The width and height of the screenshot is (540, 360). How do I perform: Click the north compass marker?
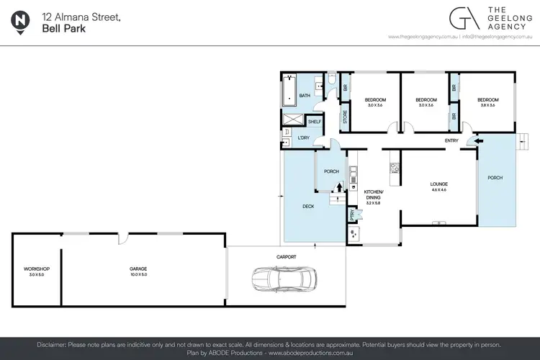point(21,22)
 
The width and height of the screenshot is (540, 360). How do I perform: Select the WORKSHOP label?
point(36,269)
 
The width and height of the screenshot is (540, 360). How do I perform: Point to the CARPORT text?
point(286,256)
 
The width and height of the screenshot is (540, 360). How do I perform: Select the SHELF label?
point(315,122)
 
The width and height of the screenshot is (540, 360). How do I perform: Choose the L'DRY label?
point(303,138)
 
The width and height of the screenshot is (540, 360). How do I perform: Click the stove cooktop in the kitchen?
point(395,168)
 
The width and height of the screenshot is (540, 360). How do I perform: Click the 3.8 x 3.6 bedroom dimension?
point(487,106)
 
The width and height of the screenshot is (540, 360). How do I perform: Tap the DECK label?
point(307,206)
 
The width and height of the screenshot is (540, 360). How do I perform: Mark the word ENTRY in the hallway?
point(451,140)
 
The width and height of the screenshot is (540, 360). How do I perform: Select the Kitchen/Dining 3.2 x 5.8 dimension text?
point(372,204)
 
